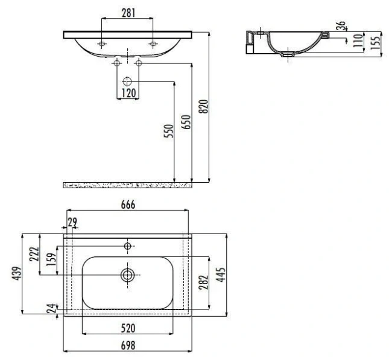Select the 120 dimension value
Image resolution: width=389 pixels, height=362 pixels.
pyautogui.click(x=127, y=94)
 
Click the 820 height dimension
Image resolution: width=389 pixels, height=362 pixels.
pyautogui.click(x=204, y=106)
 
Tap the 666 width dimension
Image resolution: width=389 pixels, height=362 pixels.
pyautogui.click(x=127, y=205)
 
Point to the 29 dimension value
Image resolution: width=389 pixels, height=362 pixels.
pyautogui.click(x=73, y=223)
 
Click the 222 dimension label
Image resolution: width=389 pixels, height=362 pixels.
pyautogui.click(x=34, y=254)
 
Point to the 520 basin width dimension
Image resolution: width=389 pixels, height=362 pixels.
pyautogui.click(x=127, y=328)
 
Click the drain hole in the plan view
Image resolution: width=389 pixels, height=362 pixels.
pyautogui.click(x=127, y=275)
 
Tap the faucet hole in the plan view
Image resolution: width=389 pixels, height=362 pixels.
pyautogui.click(x=127, y=246)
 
